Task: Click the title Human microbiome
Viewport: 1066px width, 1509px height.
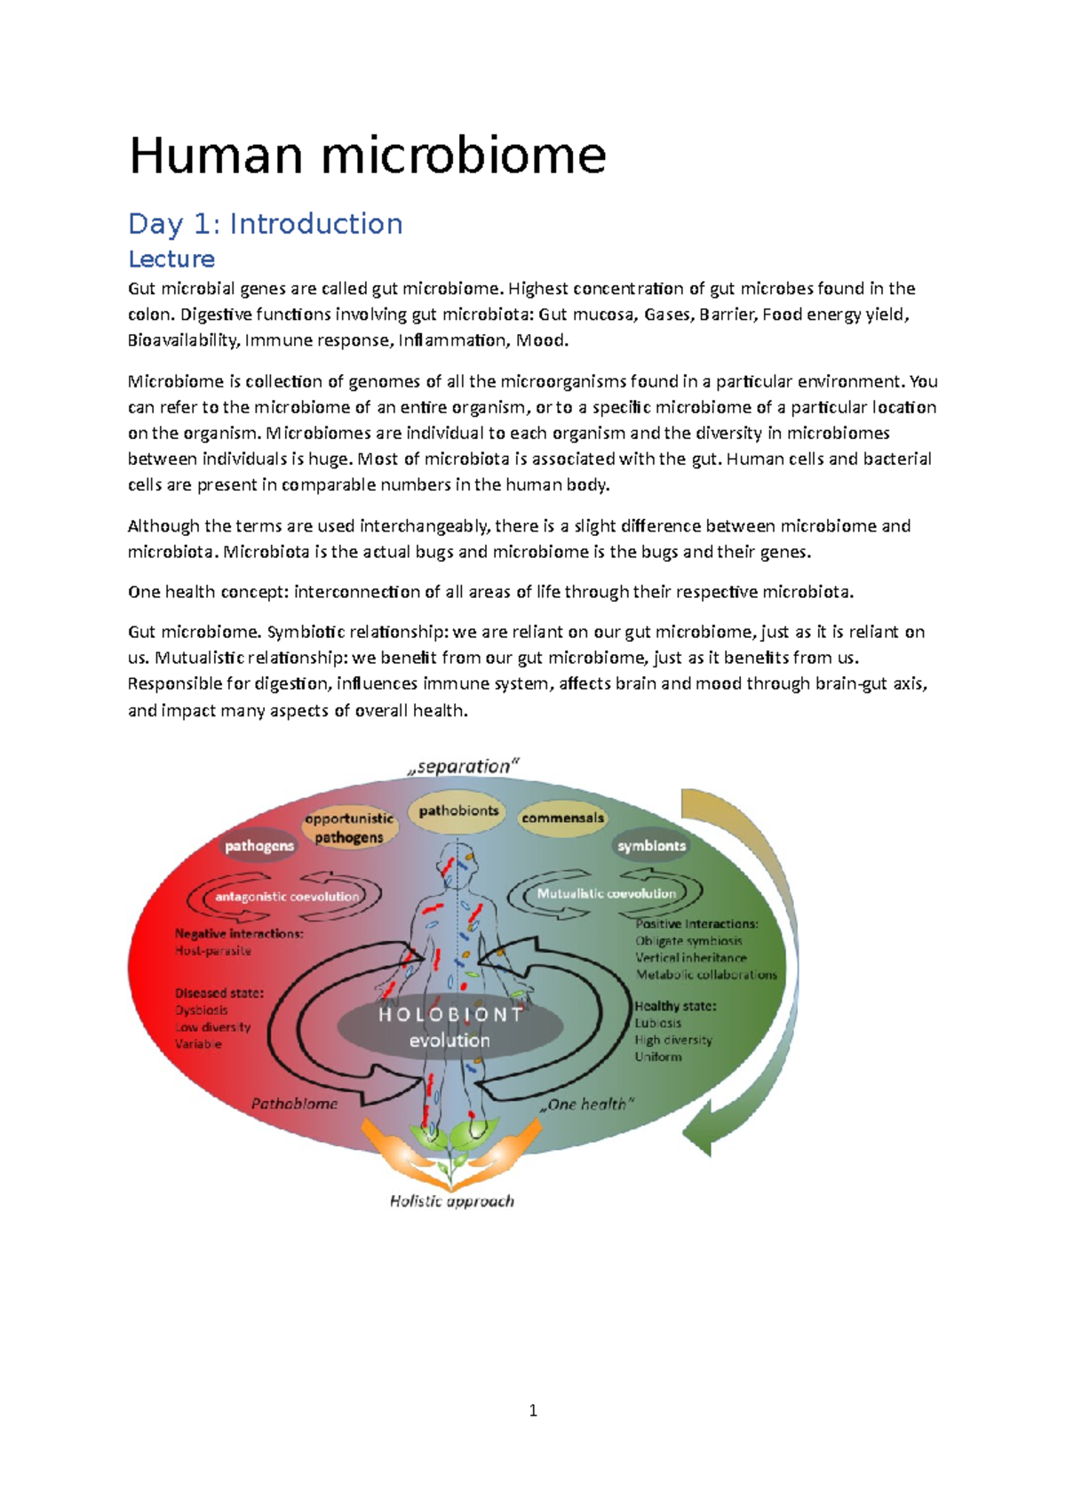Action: (368, 156)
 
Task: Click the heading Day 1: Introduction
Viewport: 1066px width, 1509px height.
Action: (266, 223)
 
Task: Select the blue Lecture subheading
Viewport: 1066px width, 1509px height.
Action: (171, 259)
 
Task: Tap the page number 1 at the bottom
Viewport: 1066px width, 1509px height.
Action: (533, 1410)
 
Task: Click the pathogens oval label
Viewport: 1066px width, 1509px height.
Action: (259, 846)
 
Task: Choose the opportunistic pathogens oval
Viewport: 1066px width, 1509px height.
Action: (349, 827)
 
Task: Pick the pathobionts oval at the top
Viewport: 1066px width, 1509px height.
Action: (458, 810)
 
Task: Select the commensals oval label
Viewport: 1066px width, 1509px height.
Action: (562, 818)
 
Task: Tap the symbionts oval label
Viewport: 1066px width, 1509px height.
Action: (651, 846)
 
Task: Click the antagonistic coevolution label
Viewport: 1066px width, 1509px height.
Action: (287, 897)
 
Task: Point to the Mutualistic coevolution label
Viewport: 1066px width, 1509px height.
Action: (606, 893)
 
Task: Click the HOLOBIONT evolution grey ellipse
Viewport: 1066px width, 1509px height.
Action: (450, 1027)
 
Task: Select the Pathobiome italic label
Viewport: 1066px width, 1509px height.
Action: (294, 1104)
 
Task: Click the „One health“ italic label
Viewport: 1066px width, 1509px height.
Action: (587, 1104)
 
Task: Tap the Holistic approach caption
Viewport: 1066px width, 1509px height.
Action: (451, 1201)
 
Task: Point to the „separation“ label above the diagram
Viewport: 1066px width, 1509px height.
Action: (463, 766)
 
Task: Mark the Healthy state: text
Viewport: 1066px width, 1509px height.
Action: (675, 1006)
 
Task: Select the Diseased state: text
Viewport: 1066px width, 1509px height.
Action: (219, 993)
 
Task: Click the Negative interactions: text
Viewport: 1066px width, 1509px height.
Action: (239, 933)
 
